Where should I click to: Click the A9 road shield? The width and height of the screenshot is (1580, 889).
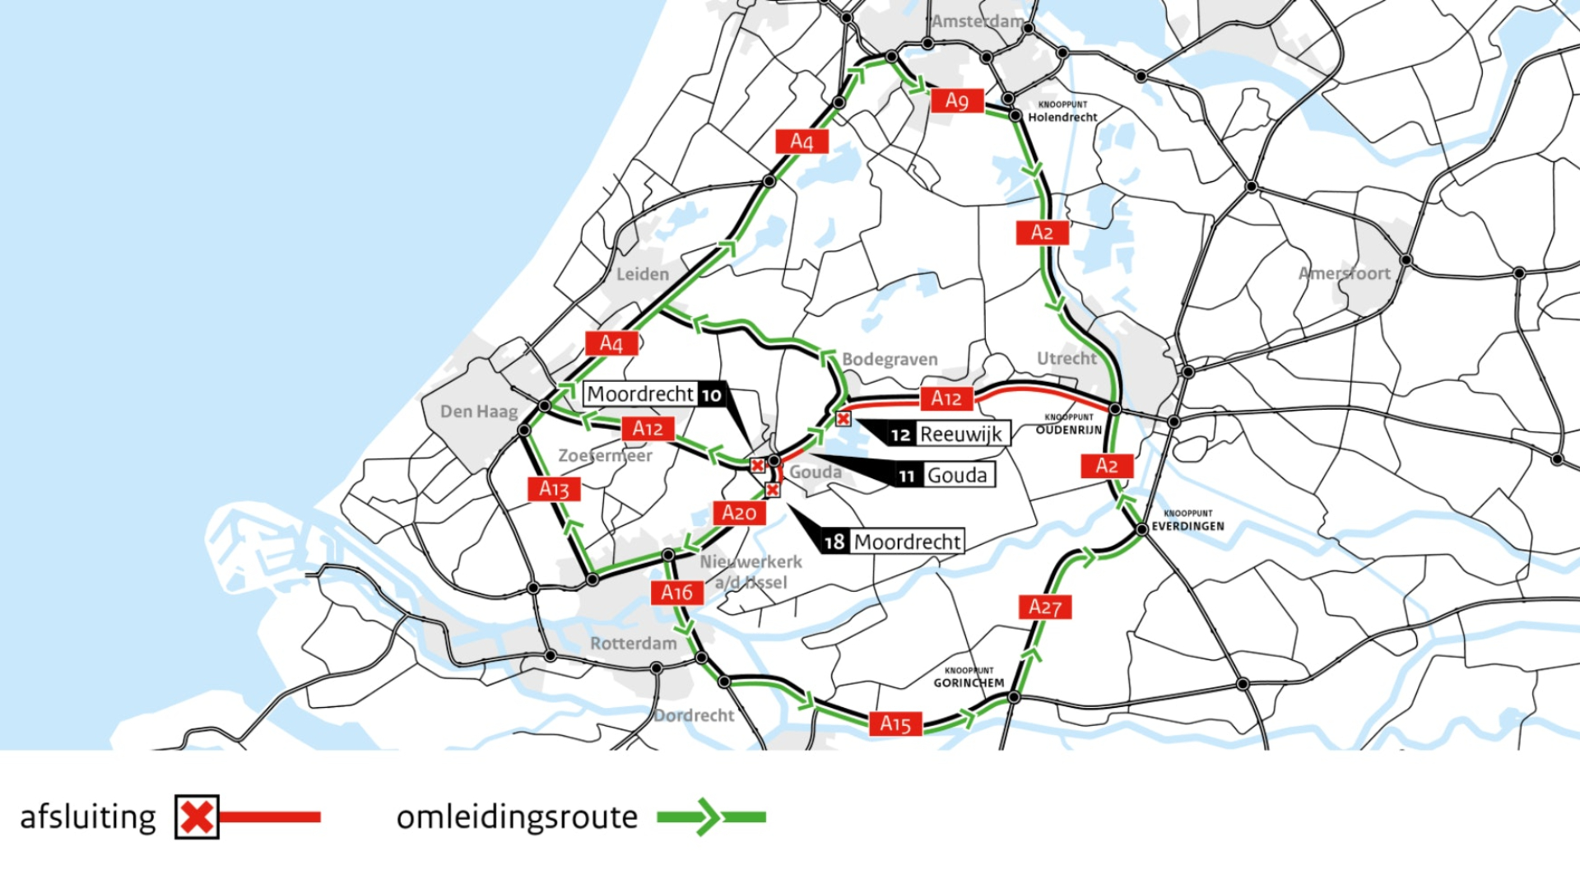957,100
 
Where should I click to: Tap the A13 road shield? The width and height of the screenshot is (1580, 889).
554,489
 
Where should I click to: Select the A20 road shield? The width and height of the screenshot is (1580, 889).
738,513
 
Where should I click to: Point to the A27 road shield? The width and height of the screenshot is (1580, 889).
1045,607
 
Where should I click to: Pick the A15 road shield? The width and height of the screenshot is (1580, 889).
895,724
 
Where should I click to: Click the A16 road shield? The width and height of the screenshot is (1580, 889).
676,592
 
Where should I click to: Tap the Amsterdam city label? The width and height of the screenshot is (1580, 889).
978,21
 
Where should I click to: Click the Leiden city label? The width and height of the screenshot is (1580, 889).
643,274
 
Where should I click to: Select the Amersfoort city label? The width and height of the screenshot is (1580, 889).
1344,273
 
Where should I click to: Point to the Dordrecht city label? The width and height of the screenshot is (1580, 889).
694,715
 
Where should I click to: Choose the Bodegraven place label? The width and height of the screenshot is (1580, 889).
890,359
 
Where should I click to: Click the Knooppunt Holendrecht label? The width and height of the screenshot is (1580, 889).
1062,112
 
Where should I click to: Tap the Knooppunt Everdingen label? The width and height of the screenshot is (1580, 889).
1187,521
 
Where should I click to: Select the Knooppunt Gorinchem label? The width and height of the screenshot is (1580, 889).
969,677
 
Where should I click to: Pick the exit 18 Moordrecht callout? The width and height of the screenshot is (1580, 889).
893,542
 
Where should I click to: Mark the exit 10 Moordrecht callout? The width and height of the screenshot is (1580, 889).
654,394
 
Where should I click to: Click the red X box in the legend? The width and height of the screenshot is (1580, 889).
197,817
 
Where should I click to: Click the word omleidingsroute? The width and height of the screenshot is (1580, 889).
517,817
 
